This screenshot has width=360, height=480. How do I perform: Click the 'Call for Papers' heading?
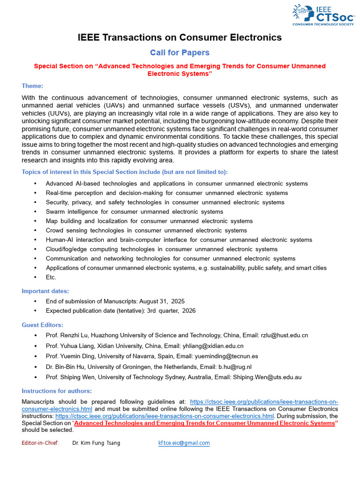coord(180,52)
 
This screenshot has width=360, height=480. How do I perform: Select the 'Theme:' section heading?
coord(32,86)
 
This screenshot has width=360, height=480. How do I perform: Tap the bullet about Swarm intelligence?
coord(134,211)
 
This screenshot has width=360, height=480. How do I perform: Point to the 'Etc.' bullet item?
coord(51,277)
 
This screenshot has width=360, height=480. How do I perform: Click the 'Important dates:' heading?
coord(45,291)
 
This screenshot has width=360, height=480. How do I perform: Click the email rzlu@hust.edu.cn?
coord(284,335)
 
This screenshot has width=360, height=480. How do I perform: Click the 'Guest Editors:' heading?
coord(43,325)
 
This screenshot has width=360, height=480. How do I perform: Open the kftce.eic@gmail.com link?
coord(184,443)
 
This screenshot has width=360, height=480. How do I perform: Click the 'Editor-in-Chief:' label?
coord(40,443)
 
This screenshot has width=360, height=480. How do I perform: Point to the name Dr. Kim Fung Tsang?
coord(96,443)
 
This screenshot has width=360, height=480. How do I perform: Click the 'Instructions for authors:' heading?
coord(57,391)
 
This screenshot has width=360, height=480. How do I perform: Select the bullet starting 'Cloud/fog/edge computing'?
coord(161,249)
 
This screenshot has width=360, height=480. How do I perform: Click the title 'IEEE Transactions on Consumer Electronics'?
coord(180,37)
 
